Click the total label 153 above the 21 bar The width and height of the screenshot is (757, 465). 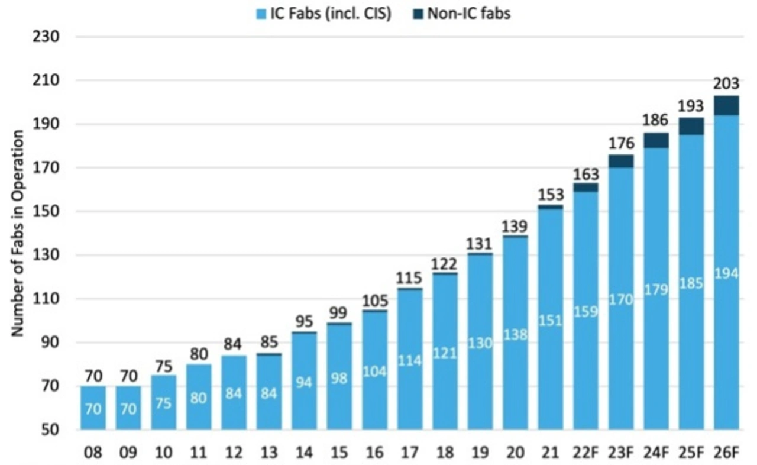pos(551,194)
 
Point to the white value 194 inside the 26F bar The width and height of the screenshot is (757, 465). pos(726,274)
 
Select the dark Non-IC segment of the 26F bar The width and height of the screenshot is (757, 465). pos(726,105)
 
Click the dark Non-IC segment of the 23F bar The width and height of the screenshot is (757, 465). pos(621,162)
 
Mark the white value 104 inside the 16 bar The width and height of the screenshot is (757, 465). pos(374,372)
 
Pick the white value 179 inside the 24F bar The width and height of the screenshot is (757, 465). pos(656,290)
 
